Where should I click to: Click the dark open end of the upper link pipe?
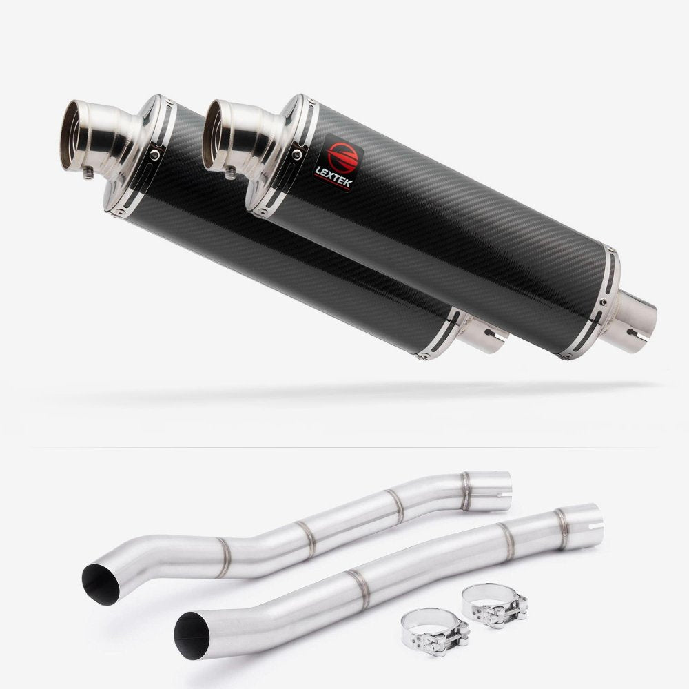99,586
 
